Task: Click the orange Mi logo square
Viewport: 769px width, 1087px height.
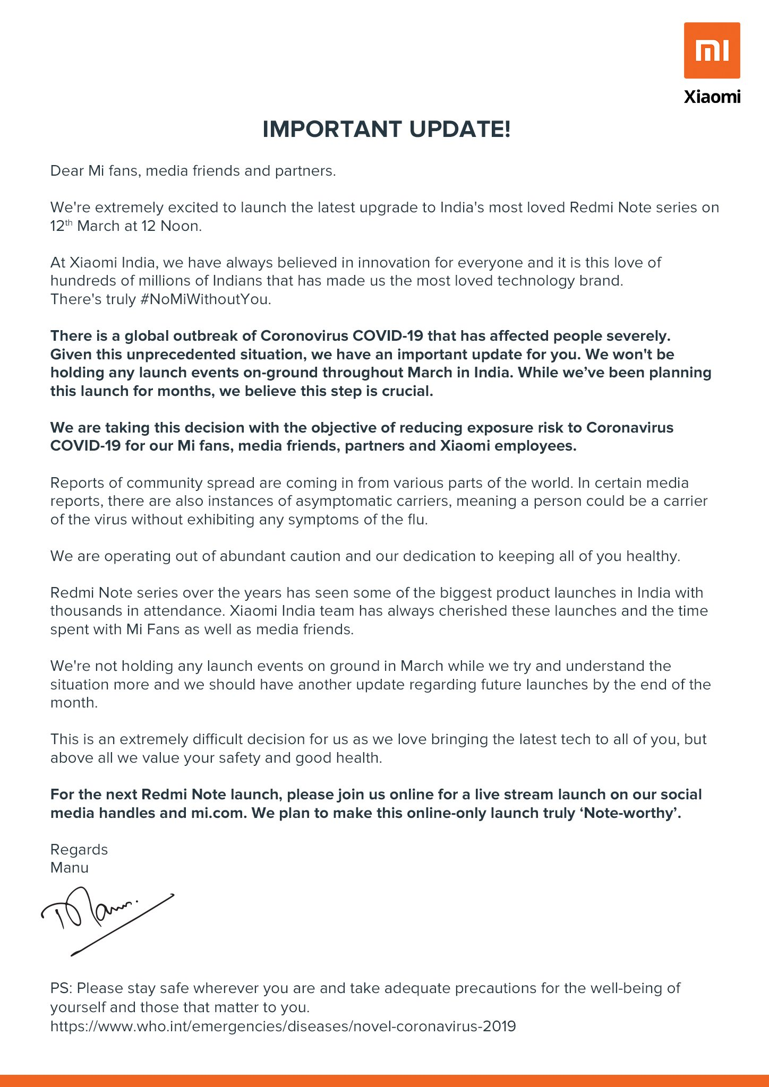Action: coord(712,50)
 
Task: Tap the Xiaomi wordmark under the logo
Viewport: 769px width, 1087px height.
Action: coord(712,97)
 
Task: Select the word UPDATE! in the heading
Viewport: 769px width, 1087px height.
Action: coord(460,130)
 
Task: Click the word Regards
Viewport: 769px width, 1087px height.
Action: coord(79,850)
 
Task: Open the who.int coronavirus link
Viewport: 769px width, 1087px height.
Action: coord(283,1026)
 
